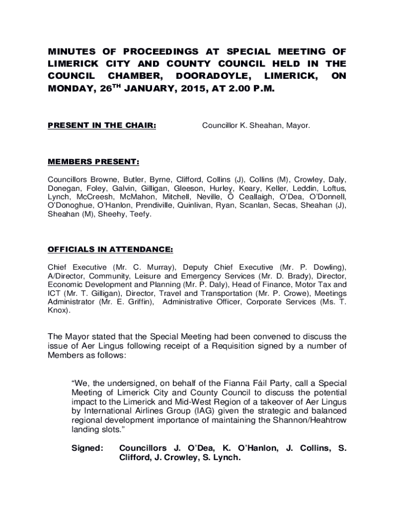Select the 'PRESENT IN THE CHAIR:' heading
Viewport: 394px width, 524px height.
[102, 125]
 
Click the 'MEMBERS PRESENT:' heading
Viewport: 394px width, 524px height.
[93, 162]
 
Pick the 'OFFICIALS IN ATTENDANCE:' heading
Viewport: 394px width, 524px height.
[110, 250]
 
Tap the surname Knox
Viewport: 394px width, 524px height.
[58, 310]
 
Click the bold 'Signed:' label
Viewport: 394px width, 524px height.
[87, 448]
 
